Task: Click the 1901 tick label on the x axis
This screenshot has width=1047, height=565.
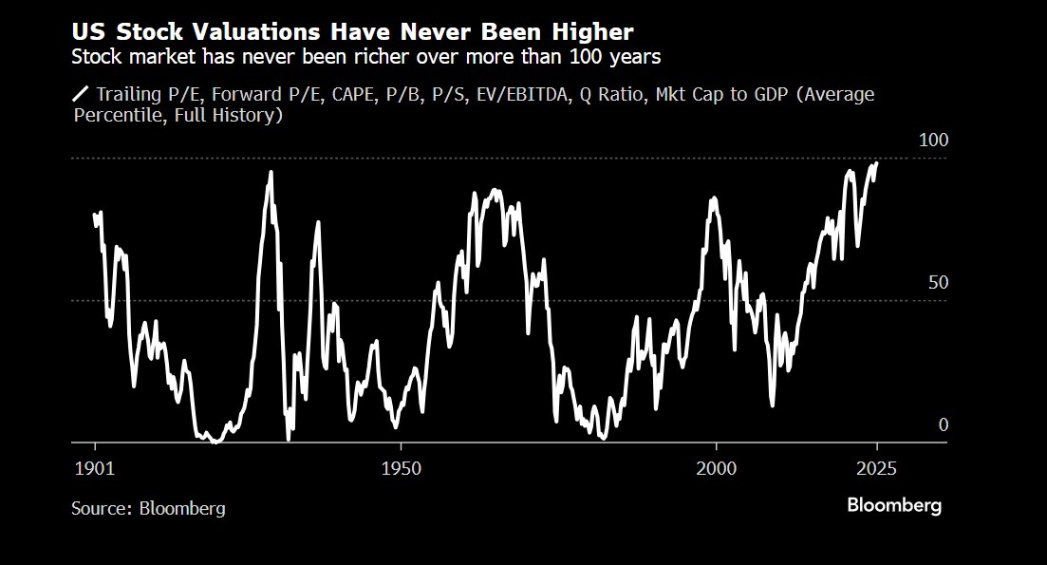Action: point(95,469)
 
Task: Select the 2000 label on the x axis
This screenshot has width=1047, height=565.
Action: point(716,469)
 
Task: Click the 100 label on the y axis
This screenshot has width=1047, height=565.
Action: point(935,140)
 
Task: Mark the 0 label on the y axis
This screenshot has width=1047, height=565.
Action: point(944,424)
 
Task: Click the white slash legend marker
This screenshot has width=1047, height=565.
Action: point(81,94)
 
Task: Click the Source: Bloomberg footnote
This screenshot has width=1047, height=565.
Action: point(148,508)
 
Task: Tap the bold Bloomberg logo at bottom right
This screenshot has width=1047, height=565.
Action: point(894,505)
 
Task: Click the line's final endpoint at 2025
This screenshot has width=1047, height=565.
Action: point(876,163)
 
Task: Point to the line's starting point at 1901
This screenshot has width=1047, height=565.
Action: point(94,215)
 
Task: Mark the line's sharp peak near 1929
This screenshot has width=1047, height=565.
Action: point(271,172)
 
